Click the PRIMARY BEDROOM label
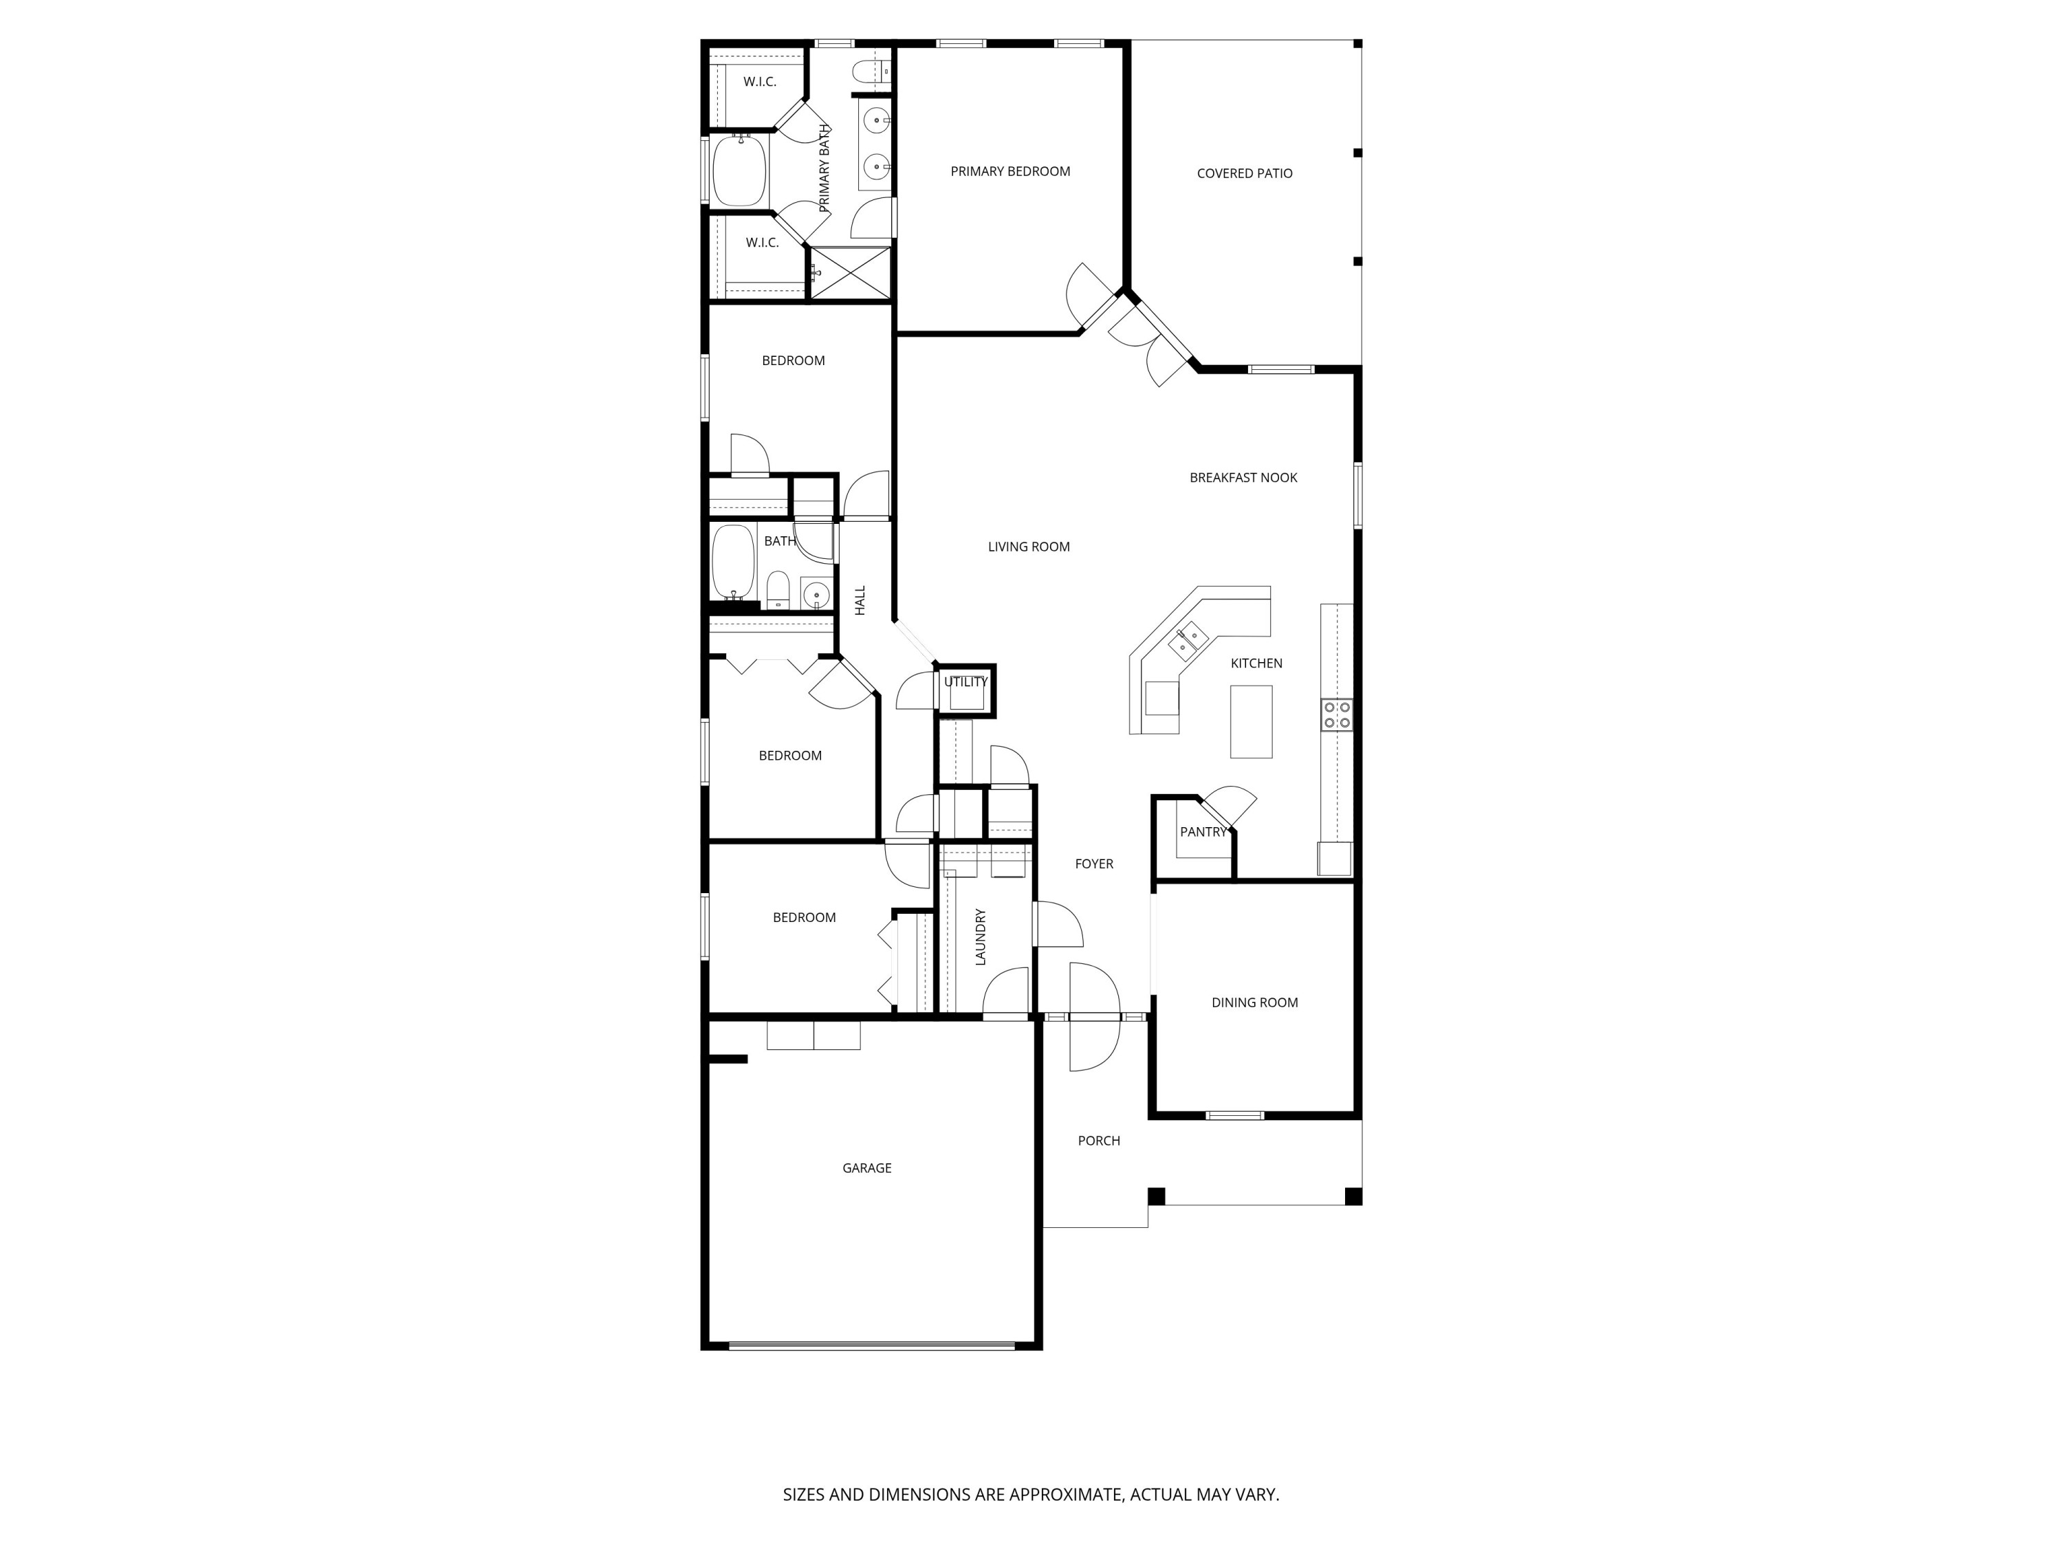click(x=1010, y=172)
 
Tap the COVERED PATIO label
click(x=1244, y=173)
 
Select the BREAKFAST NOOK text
click(x=1243, y=477)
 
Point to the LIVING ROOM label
click(x=1029, y=547)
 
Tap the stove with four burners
click(x=1336, y=715)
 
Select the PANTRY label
click(x=1203, y=832)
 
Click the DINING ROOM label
click(x=1254, y=1002)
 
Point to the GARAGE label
click(x=866, y=1167)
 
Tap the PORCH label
click(x=1099, y=1141)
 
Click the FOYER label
click(x=1094, y=864)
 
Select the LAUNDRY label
click(x=980, y=937)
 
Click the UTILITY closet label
click(x=965, y=681)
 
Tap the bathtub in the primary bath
click(x=739, y=170)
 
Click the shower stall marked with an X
click(x=850, y=273)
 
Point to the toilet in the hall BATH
click(x=778, y=590)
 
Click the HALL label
click(x=860, y=600)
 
